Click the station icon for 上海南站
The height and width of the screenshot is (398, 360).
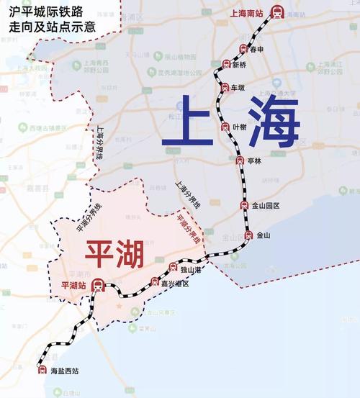tap(278, 12)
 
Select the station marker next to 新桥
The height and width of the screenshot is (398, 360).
tap(225, 65)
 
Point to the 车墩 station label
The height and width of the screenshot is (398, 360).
tap(238, 87)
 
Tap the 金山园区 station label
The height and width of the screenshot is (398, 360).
tap(265, 206)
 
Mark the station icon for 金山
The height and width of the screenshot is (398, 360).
tap(248, 236)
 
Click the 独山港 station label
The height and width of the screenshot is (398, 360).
tap(189, 269)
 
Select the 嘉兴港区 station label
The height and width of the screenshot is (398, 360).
tap(175, 284)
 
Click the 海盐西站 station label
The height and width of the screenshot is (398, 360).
tap(64, 371)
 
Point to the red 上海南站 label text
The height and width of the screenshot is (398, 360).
tap(247, 13)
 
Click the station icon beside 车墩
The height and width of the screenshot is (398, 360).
tap(223, 87)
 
